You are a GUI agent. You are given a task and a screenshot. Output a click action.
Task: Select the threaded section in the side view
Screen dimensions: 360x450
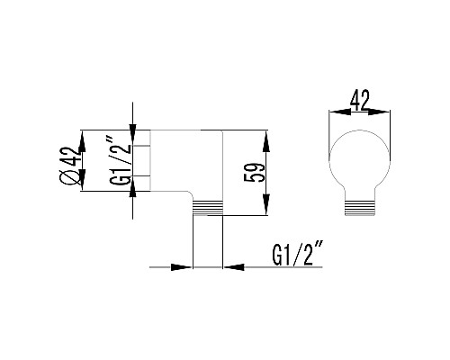click(x=208, y=206)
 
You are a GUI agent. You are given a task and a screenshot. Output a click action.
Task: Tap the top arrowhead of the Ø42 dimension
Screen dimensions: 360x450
click(x=82, y=137)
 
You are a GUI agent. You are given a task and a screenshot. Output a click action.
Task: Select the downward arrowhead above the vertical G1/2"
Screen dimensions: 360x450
click(x=133, y=132)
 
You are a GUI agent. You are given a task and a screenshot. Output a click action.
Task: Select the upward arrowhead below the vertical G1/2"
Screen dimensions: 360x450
click(x=133, y=188)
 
